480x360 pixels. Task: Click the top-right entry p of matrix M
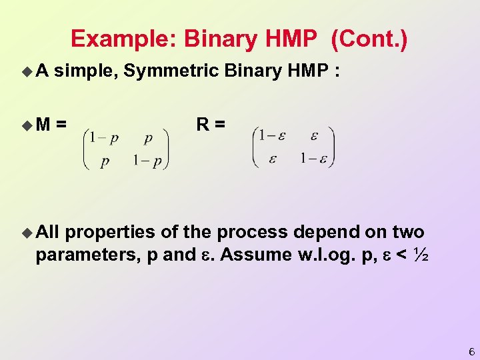147,138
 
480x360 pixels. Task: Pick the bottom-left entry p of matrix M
105,162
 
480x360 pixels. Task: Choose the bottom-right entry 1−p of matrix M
147,162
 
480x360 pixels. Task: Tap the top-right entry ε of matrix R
313,135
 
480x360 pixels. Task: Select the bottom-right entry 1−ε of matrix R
313,158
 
